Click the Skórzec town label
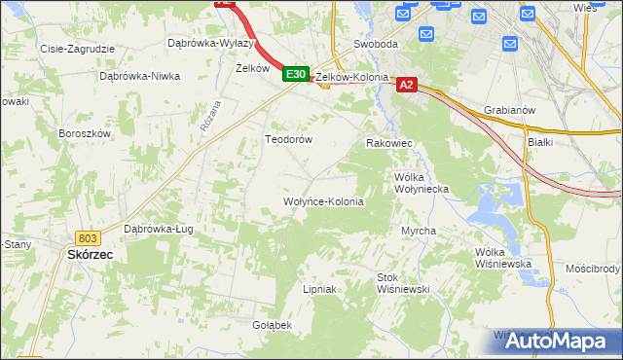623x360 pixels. (90, 254)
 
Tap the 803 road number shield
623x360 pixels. (88, 237)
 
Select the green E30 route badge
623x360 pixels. (296, 74)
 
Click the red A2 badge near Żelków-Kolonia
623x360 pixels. (407, 86)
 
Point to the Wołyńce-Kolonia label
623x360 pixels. (322, 202)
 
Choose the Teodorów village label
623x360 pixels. (288, 139)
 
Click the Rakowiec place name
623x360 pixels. (389, 143)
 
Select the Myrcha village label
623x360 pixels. (419, 231)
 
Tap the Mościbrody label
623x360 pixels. (593, 268)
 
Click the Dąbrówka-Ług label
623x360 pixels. (158, 230)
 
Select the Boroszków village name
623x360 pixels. (86, 133)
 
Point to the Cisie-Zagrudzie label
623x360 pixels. (76, 48)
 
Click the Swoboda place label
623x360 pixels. (376, 45)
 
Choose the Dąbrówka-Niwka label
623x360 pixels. (140, 75)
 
